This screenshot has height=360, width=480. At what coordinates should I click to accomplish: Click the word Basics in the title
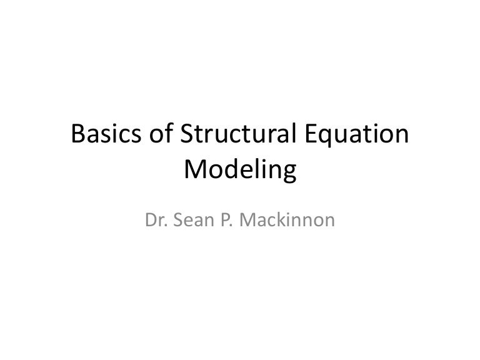(107, 135)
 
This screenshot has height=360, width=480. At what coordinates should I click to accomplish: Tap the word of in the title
(161, 135)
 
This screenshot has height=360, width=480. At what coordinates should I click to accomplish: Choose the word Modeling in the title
(240, 171)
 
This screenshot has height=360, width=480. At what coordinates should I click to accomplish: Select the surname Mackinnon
(285, 221)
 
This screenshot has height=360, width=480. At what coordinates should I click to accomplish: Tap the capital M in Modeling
(196, 169)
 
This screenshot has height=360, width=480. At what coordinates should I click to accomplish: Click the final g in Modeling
(286, 173)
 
